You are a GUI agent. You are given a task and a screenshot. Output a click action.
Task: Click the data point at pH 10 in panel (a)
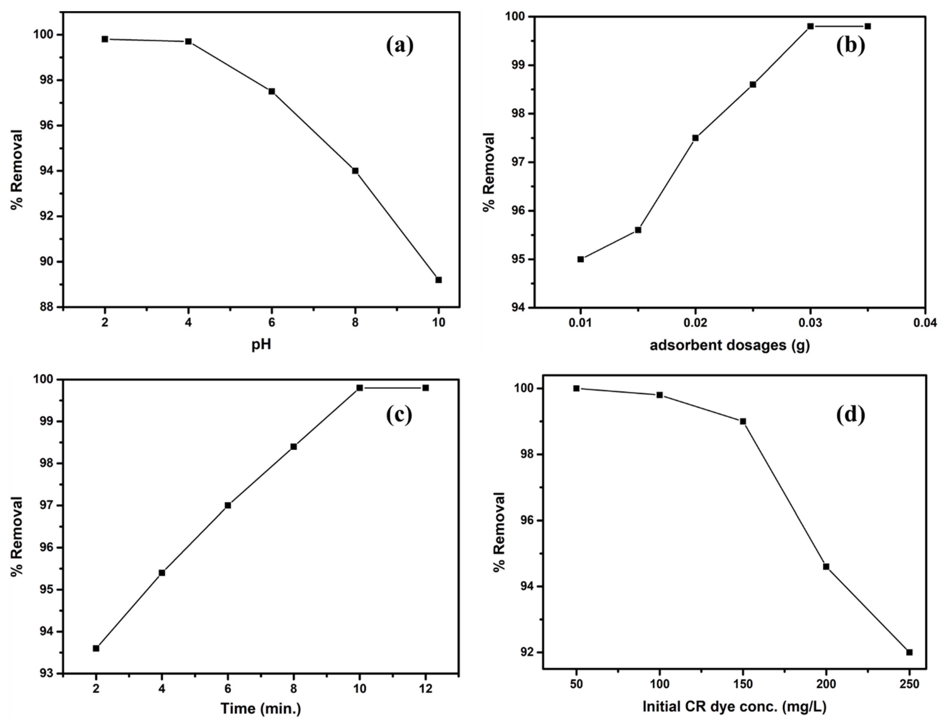(x=438, y=280)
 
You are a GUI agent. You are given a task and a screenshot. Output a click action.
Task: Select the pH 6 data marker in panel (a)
(x=272, y=91)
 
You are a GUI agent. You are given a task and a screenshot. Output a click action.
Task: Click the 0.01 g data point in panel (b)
(x=580, y=259)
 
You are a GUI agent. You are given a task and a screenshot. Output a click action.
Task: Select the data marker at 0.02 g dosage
(x=695, y=138)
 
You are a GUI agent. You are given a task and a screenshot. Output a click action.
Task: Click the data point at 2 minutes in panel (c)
(x=96, y=660)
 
